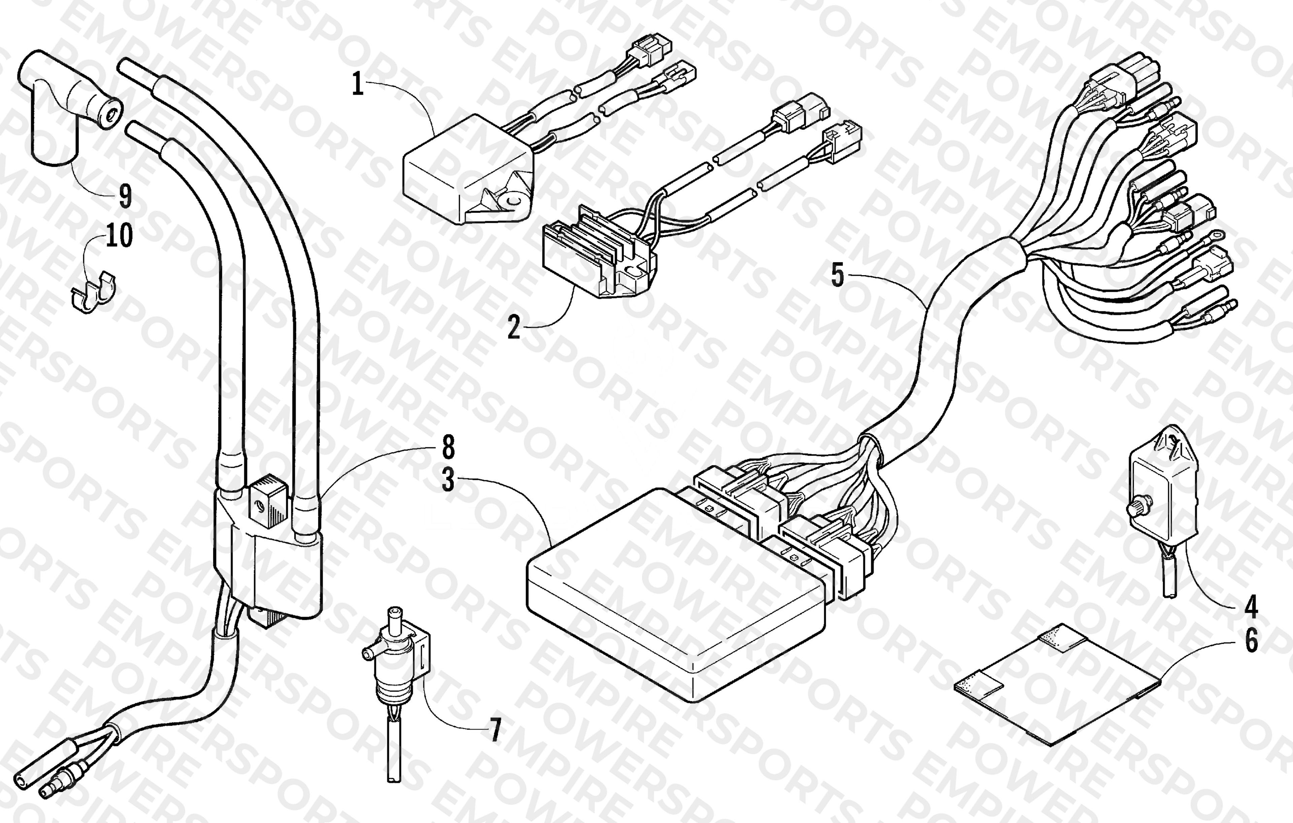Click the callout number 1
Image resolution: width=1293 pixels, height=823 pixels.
(358, 84)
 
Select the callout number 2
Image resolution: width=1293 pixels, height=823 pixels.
(514, 327)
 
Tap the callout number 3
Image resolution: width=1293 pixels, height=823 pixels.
(448, 480)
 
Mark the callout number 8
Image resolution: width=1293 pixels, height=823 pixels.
(448, 447)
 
